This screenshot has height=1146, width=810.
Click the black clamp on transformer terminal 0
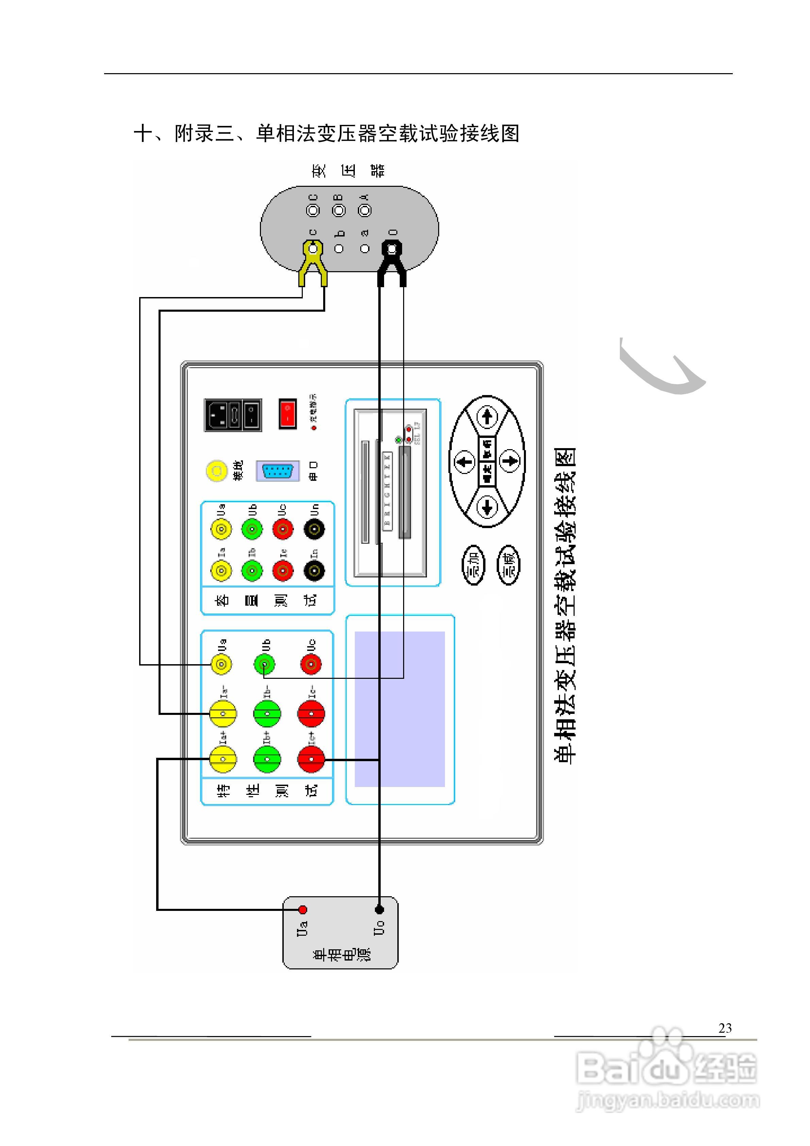[x=392, y=262]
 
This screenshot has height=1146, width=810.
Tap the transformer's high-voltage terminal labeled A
[x=365, y=211]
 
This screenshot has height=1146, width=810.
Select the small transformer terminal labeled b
[x=339, y=249]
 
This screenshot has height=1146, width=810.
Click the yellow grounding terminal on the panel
[x=217, y=471]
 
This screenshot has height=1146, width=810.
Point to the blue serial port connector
[x=278, y=471]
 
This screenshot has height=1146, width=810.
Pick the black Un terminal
[x=314, y=529]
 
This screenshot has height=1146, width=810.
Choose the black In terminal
[x=314, y=571]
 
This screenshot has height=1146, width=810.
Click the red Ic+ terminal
[x=311, y=759]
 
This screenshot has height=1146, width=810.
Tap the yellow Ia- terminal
[x=222, y=714]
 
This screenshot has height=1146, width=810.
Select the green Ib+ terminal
[x=267, y=759]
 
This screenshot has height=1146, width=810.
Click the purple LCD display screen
[x=399, y=709]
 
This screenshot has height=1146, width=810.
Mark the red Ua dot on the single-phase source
[x=302, y=910]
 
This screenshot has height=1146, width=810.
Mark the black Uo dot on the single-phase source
[x=379, y=910]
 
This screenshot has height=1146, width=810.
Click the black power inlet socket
[x=233, y=415]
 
